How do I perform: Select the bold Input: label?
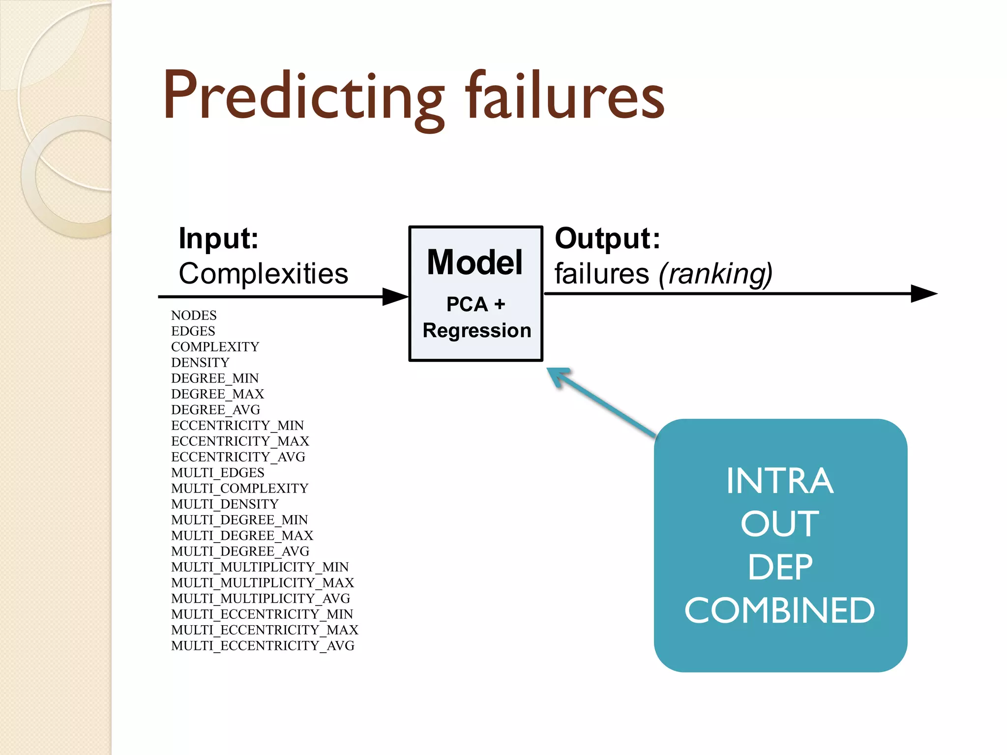pos(218,239)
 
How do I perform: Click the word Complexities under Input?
pos(263,274)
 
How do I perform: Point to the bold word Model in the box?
pos(474,262)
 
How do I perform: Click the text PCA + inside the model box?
pos(475,304)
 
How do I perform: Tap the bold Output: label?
pos(607,239)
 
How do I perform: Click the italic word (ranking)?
pos(715,274)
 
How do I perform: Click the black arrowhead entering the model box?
pos(395,297)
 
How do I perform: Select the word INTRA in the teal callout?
pos(780,481)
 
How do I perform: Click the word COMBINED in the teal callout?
pos(780,611)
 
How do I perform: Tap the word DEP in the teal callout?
pos(780,568)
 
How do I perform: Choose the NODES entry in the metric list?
pos(194,316)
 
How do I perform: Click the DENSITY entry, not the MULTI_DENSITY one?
pos(200,363)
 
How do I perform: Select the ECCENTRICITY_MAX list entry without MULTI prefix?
pos(240,441)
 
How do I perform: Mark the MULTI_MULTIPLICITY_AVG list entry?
pos(261,599)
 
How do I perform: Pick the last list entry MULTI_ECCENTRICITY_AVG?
pos(263,646)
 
